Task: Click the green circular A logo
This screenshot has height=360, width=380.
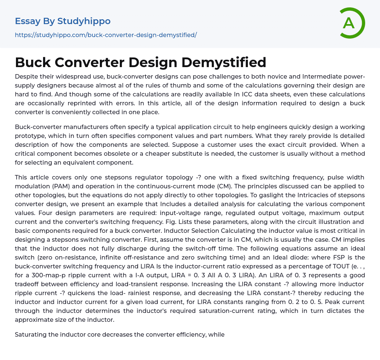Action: [352, 23]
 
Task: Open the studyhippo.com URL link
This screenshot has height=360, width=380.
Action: [106, 35]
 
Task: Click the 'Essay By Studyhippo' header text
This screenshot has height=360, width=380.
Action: [63, 21]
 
